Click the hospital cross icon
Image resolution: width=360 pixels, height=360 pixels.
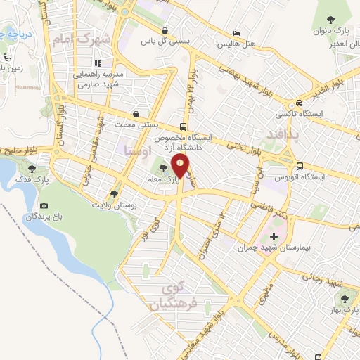click(x=274, y=236)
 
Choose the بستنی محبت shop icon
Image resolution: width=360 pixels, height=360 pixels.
click(x=135, y=113)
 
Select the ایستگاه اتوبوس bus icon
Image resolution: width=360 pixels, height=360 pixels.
click(x=300, y=167)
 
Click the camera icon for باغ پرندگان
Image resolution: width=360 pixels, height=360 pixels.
click(x=44, y=205)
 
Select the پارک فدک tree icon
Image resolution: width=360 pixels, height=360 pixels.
click(x=31, y=168)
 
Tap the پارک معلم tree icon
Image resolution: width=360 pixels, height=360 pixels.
click(x=163, y=168)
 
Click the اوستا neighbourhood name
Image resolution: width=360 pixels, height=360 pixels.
click(x=134, y=150)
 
